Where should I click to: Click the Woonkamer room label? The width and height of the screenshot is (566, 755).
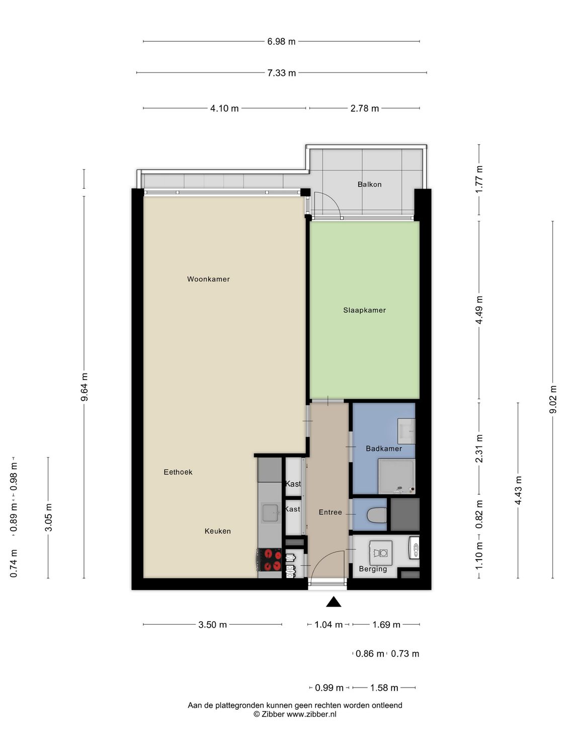click(208, 279)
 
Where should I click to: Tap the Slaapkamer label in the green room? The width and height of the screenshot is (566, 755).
click(364, 310)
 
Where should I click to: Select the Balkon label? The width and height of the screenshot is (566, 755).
click(369, 184)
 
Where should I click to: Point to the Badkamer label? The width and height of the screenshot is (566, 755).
click(383, 448)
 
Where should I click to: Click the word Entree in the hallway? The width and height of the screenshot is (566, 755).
click(330, 512)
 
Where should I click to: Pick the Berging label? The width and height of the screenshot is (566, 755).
click(373, 569)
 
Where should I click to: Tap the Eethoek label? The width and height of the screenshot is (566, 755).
click(178, 472)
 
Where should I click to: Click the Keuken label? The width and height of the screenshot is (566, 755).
click(217, 531)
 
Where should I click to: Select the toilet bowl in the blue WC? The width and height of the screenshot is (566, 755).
click(376, 515)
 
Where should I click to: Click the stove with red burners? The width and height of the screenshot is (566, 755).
click(270, 560)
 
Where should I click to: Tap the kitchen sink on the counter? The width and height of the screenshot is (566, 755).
click(271, 513)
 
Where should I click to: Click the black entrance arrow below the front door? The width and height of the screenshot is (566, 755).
click(334, 602)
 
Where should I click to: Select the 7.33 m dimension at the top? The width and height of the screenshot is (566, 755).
click(281, 73)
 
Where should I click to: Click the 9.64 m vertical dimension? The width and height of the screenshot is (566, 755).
click(85, 387)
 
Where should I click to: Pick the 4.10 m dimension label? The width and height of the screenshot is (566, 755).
click(224, 108)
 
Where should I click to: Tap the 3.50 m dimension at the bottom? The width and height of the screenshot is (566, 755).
click(212, 625)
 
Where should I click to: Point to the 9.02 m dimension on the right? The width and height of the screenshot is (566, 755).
click(553, 399)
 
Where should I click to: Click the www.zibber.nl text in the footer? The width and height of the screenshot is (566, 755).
click(311, 714)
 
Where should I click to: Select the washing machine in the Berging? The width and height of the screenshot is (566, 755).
click(380, 553)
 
